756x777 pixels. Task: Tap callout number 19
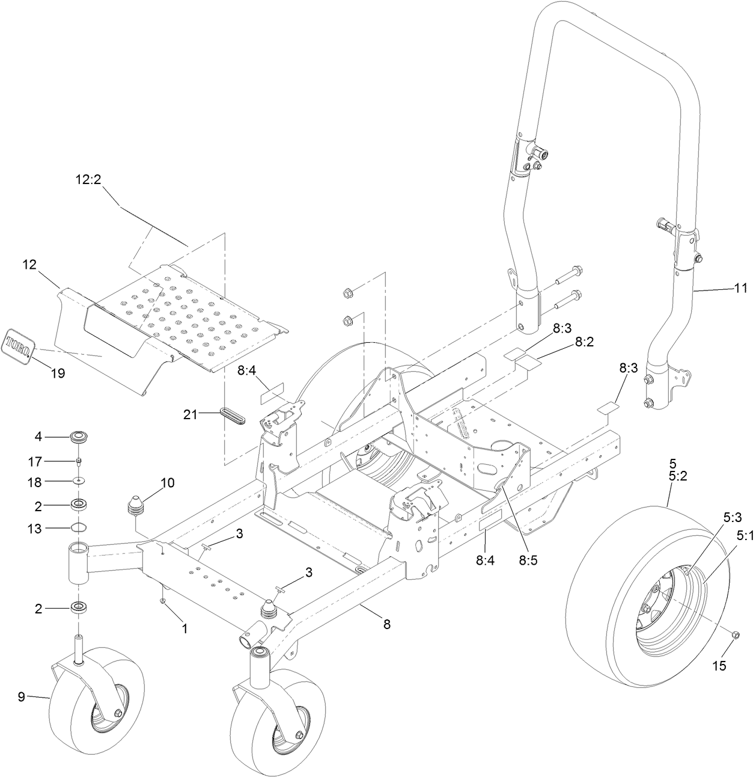[58, 373]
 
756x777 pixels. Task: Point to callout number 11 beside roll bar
[740, 289]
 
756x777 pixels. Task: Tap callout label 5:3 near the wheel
[732, 516]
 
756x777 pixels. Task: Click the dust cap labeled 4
[79, 436]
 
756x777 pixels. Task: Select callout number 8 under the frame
[386, 624]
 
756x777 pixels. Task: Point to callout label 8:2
[584, 342]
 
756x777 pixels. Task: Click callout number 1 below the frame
[184, 628]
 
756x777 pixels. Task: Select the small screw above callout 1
[163, 601]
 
